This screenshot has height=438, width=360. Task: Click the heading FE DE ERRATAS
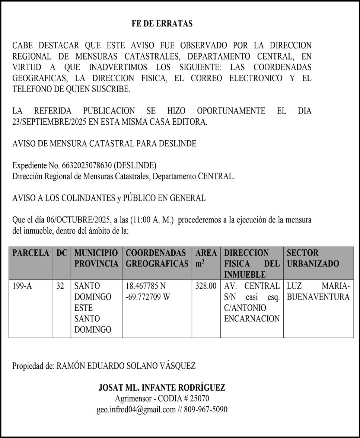coord(162,24)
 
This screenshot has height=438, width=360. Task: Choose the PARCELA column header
coord(31,253)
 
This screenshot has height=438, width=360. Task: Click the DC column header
coord(62,253)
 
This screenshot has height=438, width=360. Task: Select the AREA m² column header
coord(206,258)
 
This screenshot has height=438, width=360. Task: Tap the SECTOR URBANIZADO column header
coord(313,258)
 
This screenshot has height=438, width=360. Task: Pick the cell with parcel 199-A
coord(22,286)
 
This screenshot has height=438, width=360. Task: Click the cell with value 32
coord(60,286)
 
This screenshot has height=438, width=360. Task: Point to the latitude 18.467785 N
coord(146,286)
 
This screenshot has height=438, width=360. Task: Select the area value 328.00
coord(206,286)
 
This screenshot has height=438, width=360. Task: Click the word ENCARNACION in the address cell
coord(252,319)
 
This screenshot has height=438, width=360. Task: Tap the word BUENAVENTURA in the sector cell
coord(318,297)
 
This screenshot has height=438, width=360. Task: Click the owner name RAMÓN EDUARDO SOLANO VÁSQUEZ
coord(126,366)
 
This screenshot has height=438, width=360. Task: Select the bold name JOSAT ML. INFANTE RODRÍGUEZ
coord(162,387)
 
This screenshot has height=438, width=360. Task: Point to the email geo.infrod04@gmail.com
coord(136,409)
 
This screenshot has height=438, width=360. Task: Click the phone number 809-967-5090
coord(205,409)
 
